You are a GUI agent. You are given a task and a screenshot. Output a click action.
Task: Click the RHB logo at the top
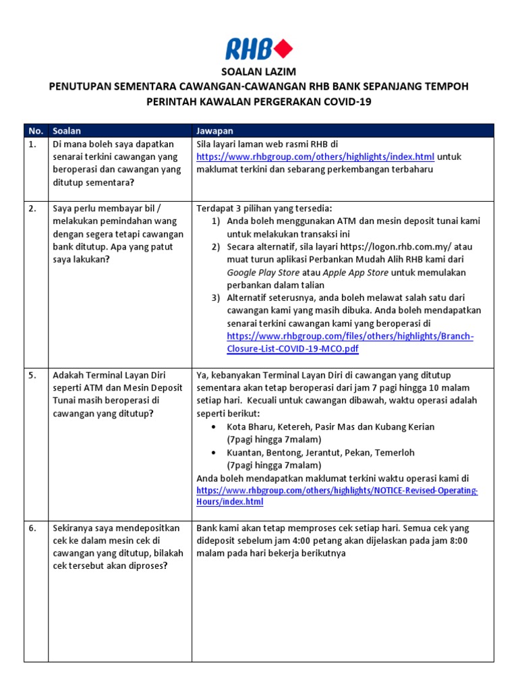coord(258,49)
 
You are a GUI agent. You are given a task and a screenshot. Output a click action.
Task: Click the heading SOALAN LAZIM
coord(258,72)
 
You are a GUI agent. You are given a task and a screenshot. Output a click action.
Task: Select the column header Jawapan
coord(214,130)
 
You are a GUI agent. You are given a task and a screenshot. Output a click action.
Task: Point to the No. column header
coord(34,130)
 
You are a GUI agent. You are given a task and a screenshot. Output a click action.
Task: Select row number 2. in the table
coord(33,209)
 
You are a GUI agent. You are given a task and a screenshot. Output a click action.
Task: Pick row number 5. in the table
coord(33,375)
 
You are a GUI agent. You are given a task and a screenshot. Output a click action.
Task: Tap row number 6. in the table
coord(33,528)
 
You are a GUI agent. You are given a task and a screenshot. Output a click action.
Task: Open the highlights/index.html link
coord(315,157)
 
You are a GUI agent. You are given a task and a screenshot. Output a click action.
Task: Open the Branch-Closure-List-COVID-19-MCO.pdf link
coord(350,343)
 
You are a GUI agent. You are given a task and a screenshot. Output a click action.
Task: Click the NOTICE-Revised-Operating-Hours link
coord(337,496)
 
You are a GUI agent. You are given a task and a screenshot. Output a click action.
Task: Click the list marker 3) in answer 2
coord(217,298)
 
